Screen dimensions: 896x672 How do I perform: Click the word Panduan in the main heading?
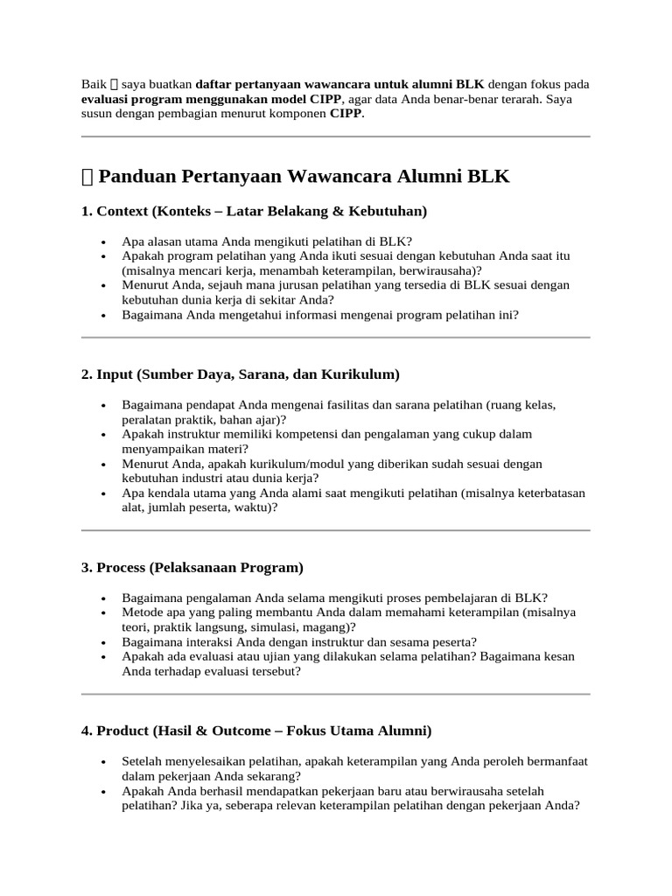137,178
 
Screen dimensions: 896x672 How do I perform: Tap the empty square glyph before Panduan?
87,178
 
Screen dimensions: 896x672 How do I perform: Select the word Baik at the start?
93,85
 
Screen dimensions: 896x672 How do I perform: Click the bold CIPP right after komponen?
346,115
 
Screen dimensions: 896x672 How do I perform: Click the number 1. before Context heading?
87,212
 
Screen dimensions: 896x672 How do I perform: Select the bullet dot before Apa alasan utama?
104,241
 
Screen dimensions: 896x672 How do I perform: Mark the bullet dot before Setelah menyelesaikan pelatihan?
104,761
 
